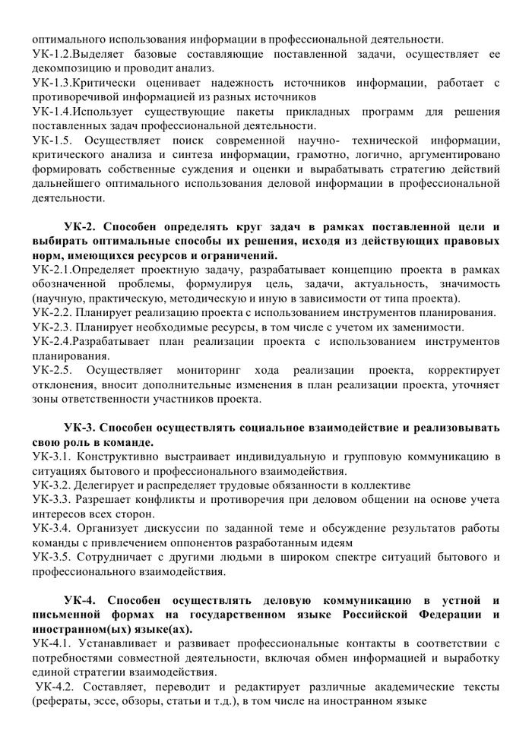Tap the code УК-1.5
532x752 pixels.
point(54,141)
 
